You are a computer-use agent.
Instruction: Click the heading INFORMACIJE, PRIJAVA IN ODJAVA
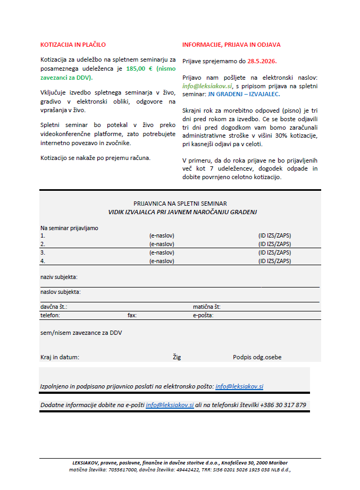click(231, 45)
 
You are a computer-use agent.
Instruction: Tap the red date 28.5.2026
click(262, 61)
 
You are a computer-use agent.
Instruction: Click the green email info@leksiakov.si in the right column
click(207, 86)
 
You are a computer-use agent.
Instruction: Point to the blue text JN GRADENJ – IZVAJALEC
click(242, 94)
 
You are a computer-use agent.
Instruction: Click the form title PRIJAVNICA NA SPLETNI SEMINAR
click(180, 204)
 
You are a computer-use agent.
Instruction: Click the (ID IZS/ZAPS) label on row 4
click(274, 261)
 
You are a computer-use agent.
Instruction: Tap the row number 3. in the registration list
click(43, 252)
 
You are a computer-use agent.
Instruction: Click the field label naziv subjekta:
click(59, 277)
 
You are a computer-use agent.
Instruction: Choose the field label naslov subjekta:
click(61, 292)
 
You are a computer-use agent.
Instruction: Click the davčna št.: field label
click(54, 307)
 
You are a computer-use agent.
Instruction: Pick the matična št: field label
click(207, 307)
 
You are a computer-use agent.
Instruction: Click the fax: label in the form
click(132, 315)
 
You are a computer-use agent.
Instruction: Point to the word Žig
click(177, 357)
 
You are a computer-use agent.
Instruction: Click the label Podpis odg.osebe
click(257, 357)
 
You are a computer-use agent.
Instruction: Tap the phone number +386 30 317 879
click(283, 405)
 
